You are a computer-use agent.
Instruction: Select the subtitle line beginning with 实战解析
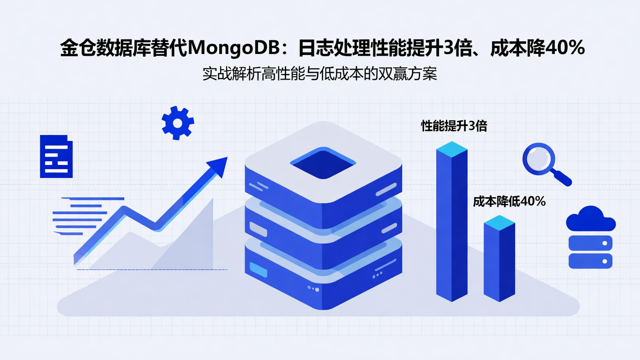click(x=320, y=74)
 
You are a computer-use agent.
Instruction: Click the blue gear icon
click(x=178, y=123)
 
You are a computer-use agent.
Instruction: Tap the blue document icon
click(x=56, y=156)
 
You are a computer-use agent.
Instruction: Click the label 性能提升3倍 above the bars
click(x=454, y=126)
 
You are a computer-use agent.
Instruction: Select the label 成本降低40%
click(x=509, y=201)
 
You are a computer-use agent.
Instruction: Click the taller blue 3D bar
click(x=452, y=227)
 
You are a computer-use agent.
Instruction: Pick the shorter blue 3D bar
click(x=499, y=262)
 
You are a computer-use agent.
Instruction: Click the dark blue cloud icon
click(x=591, y=219)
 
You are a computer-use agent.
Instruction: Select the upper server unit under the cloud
click(x=591, y=243)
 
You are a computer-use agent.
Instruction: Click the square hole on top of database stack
click(x=323, y=163)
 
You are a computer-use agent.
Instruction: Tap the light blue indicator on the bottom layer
click(x=258, y=269)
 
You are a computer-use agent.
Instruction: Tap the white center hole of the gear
click(x=178, y=123)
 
